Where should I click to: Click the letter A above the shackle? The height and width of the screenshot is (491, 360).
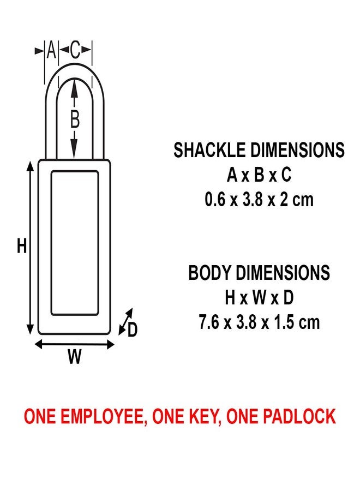[x=51, y=51]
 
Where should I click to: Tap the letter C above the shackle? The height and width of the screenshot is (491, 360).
[x=75, y=51]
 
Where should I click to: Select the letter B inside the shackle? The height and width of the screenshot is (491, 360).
[x=75, y=119]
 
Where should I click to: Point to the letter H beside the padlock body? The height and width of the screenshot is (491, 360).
[x=21, y=247]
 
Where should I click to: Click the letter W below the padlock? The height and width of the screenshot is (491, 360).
[x=75, y=357]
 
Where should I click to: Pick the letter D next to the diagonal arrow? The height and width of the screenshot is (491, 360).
[x=133, y=330]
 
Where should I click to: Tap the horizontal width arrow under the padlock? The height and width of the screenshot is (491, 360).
[x=75, y=344]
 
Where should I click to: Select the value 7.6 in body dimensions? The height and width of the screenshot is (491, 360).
[x=209, y=322]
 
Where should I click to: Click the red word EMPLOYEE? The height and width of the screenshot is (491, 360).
[x=97, y=417]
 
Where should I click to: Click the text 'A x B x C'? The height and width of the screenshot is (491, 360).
[x=259, y=175]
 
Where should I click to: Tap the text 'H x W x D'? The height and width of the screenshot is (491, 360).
[x=259, y=298]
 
